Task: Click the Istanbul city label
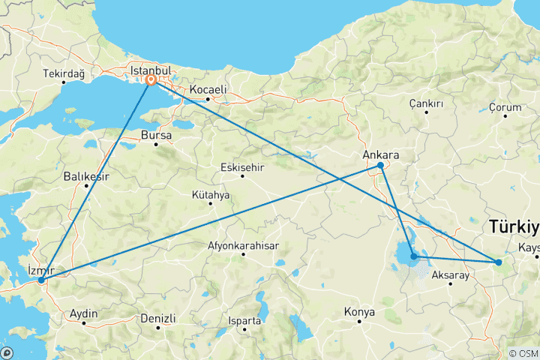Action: point(151,70)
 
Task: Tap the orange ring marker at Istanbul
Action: point(151,79)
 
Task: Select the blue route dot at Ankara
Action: point(380,165)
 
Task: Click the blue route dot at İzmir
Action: point(41,280)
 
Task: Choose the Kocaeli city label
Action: point(208,90)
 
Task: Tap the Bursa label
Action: point(157,136)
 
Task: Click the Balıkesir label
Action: point(86,177)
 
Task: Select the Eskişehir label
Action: point(243,167)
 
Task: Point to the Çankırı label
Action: point(427,103)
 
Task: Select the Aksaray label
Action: point(451,275)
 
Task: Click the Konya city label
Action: point(359,311)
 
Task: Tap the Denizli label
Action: point(157,318)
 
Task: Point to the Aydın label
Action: point(83,314)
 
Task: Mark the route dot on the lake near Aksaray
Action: point(413,256)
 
